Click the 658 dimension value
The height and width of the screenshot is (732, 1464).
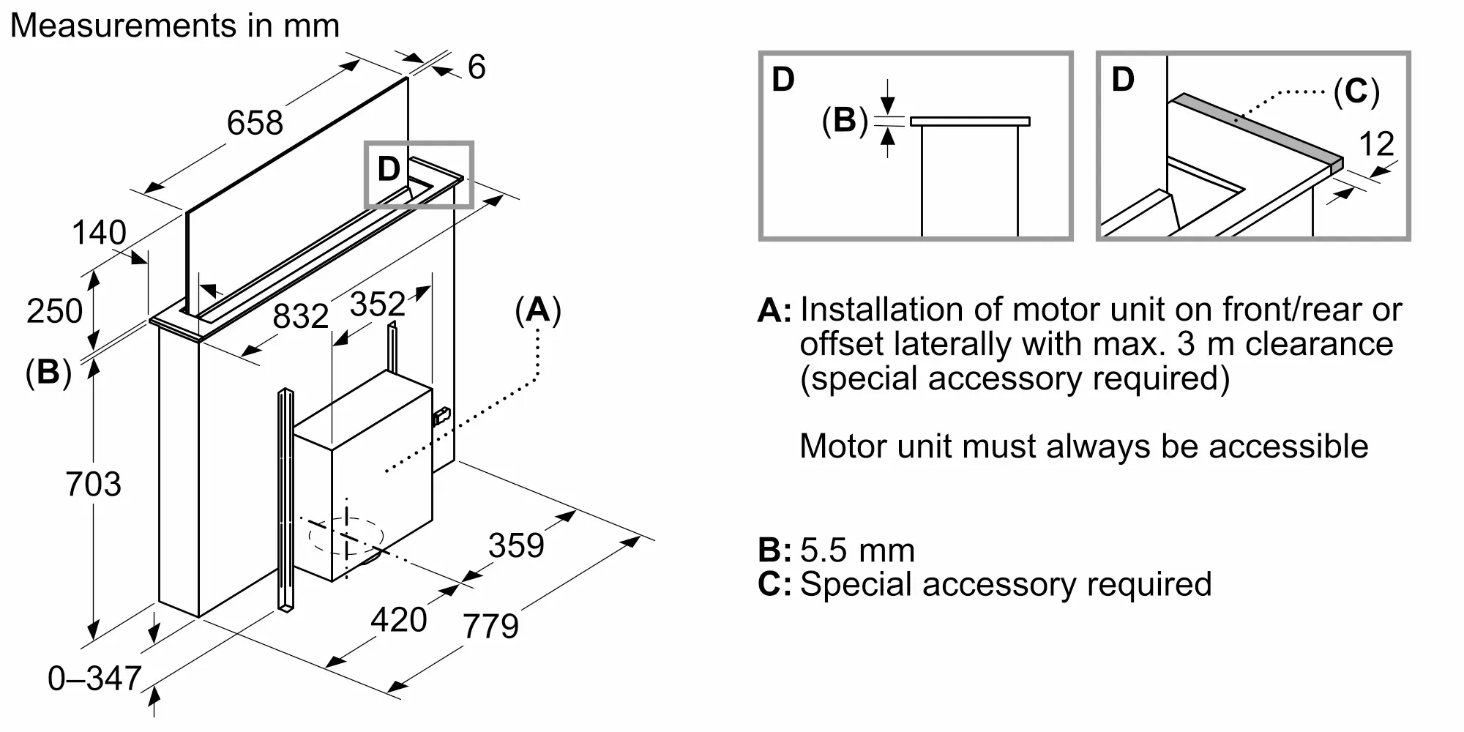pos(255,123)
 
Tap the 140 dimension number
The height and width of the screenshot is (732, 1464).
pos(99,234)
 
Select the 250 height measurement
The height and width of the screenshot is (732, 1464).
pos(54,311)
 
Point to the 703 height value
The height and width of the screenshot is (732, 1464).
pos(93,485)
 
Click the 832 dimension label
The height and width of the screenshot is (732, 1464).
pos(300,316)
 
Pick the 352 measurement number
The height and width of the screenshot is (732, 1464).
pos(377,305)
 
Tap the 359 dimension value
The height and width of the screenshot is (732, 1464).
pos(516,546)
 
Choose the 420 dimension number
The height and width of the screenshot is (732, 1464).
pos(398,620)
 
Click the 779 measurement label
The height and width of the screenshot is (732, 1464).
pos(490,627)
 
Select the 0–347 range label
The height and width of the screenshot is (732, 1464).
pos(94,679)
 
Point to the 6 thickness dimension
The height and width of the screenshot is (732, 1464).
pos(477,67)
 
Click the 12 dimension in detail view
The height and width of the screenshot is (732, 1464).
pos(1376,144)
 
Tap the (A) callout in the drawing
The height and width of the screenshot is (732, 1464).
pos(538,310)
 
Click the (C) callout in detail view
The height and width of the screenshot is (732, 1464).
pos(1356,92)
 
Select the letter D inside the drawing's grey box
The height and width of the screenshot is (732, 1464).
pos(389,170)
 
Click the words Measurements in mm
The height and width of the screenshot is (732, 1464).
pos(175,26)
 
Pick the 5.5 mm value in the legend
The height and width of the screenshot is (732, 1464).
pos(857,550)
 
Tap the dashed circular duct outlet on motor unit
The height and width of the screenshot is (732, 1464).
pos(346,537)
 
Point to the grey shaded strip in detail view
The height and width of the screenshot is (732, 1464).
pos(1255,130)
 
